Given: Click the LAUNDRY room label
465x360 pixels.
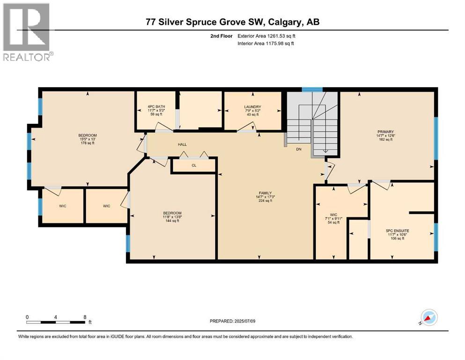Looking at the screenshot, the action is [x=253, y=107].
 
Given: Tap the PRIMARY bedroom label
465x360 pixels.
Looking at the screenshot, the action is [x=385, y=132].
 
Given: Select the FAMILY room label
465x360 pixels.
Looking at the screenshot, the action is [x=265, y=193].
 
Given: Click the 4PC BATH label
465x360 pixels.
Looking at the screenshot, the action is [x=156, y=106].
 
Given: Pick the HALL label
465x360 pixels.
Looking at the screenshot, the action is [x=182, y=144].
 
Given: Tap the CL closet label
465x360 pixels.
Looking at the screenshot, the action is [x=194, y=165].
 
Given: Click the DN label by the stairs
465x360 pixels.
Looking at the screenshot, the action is [x=299, y=149].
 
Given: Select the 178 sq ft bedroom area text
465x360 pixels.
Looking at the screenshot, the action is [x=88, y=143].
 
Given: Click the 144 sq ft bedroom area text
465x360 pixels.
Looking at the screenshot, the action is [x=172, y=221].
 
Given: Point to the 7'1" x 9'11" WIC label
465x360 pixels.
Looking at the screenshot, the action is [x=333, y=219].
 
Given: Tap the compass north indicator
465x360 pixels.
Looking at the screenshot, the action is [x=429, y=317].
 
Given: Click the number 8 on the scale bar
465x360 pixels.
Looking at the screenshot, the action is [x=85, y=317].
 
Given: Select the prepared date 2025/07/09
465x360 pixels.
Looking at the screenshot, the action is [x=244, y=321].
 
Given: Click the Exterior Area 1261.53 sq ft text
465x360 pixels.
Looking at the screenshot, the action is [x=266, y=36].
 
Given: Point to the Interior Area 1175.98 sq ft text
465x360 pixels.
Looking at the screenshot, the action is [x=266, y=43].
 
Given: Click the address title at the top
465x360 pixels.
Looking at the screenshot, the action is [x=233, y=22].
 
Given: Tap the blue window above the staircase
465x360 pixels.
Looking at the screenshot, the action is [x=312, y=90].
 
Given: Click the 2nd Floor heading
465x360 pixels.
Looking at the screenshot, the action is [x=221, y=36].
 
